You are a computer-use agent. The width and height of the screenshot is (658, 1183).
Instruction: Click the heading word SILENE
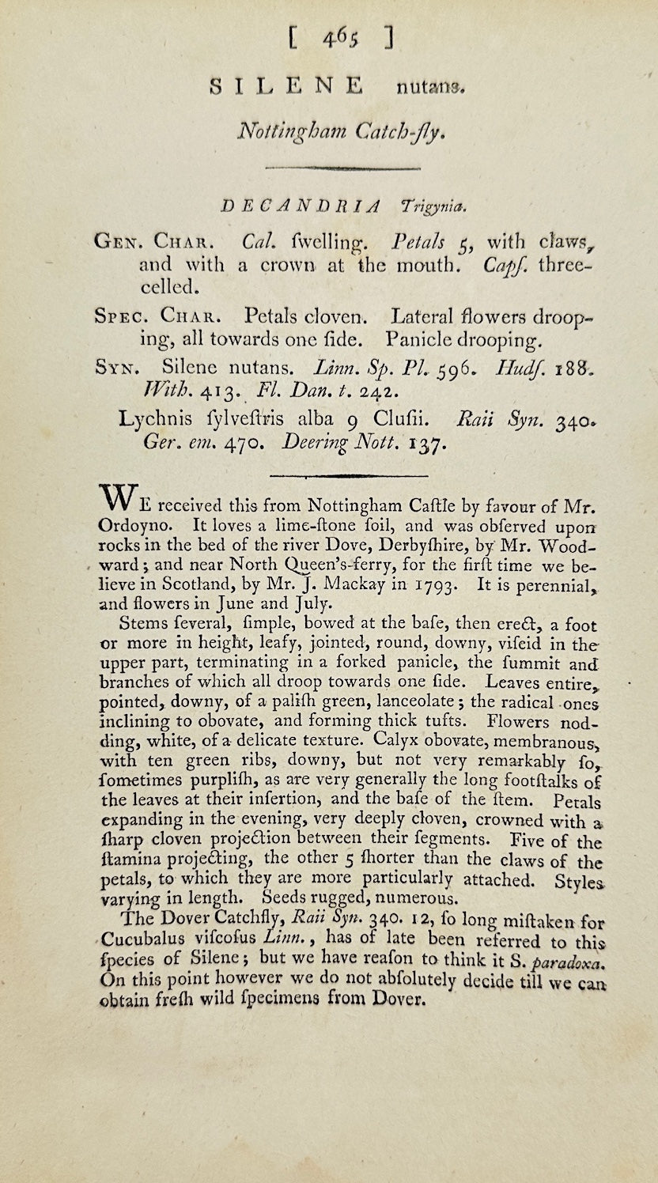286,85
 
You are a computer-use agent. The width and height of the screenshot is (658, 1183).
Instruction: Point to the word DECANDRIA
301,206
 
